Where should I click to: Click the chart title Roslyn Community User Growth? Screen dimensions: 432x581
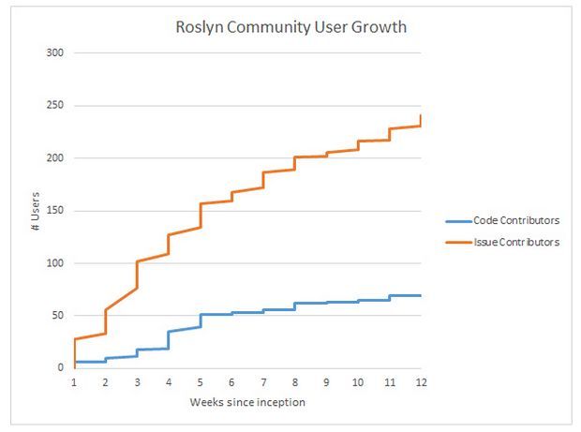pyautogui.click(x=291, y=26)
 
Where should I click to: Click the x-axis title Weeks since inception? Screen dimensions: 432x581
pyautogui.click(x=247, y=403)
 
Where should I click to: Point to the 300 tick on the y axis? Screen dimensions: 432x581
pyautogui.click(x=54, y=52)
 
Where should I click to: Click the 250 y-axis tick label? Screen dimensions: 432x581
pyautogui.click(x=54, y=105)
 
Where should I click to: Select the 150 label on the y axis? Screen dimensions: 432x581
pyautogui.click(x=54, y=210)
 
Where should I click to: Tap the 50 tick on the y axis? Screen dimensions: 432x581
pyautogui.click(x=57, y=315)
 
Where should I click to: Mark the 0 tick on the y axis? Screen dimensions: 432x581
pyautogui.click(x=60, y=367)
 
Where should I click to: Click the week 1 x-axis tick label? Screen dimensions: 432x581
pyautogui.click(x=74, y=381)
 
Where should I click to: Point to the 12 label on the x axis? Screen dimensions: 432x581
pyautogui.click(x=422, y=381)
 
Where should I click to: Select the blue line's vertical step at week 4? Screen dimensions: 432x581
pyautogui.click(x=169, y=339)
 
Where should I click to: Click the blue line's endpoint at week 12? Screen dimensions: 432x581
pyautogui.click(x=421, y=295)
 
